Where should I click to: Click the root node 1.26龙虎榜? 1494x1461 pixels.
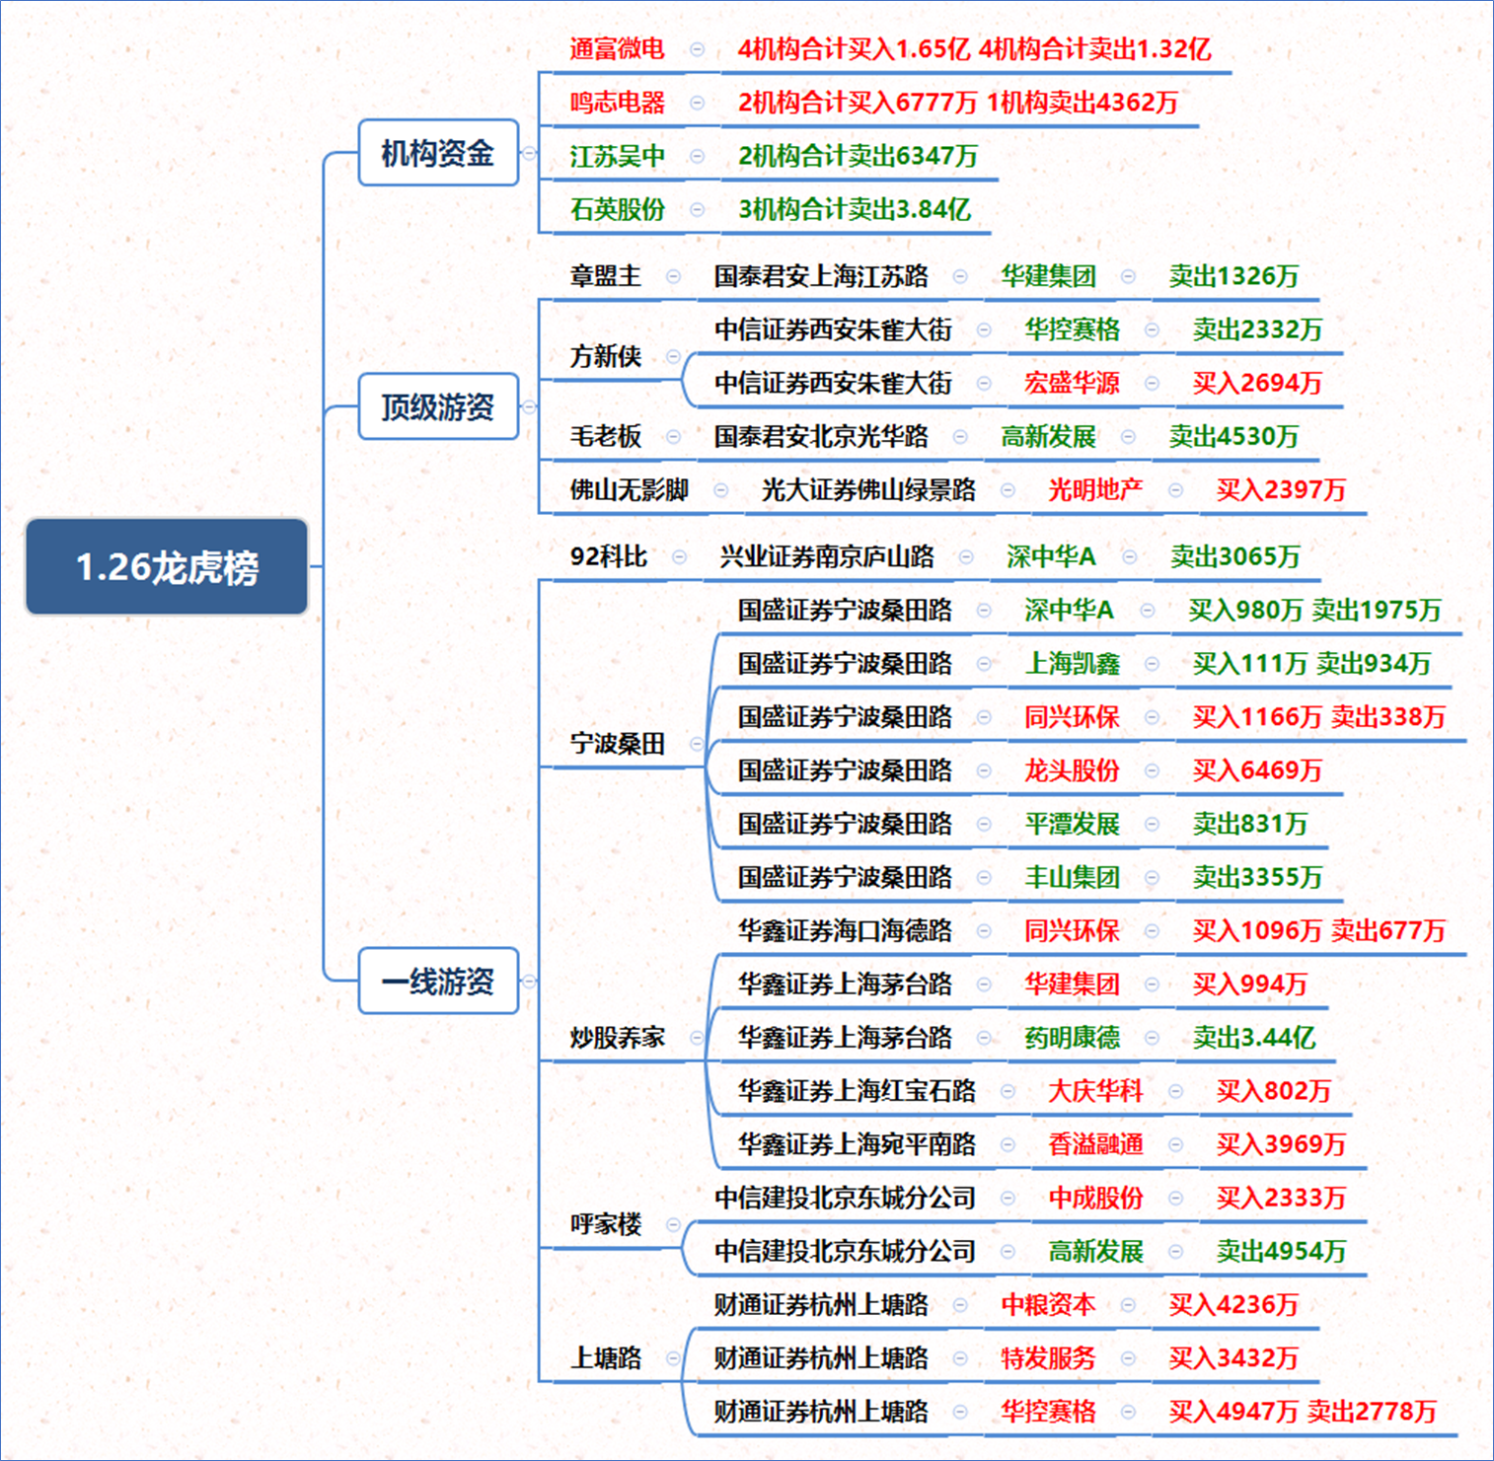click(x=167, y=567)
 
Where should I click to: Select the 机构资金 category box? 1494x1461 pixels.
click(x=438, y=153)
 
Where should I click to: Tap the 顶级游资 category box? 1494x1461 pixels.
click(x=438, y=406)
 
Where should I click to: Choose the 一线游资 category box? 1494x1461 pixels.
click(x=438, y=981)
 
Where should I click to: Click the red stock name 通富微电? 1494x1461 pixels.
click(x=617, y=49)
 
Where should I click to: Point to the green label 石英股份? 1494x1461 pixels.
click(x=617, y=209)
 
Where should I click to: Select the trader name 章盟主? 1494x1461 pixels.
click(x=605, y=276)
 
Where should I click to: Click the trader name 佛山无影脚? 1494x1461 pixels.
click(x=629, y=489)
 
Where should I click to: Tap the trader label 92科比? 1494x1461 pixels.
click(x=608, y=556)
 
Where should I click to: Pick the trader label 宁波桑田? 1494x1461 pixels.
click(x=617, y=743)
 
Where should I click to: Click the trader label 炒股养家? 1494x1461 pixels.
click(x=617, y=1037)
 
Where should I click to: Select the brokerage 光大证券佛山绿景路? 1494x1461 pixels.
click(x=868, y=489)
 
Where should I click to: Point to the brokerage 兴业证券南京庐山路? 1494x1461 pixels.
click(x=827, y=556)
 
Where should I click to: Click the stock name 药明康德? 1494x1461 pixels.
click(x=1072, y=1037)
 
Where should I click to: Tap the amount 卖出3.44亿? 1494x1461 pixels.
click(x=1253, y=1037)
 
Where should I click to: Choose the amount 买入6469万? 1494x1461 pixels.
click(x=1256, y=769)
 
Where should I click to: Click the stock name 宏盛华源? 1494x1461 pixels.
click(x=1072, y=383)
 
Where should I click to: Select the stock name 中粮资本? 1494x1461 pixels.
click(x=1048, y=1304)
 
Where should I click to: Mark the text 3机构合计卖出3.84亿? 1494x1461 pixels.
click(x=855, y=209)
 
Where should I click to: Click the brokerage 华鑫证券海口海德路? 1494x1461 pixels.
click(x=845, y=930)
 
